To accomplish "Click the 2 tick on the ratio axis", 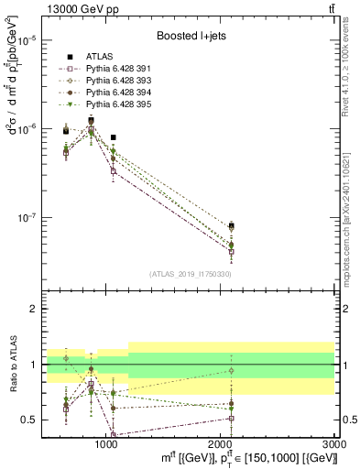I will click(x=31, y=309).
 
